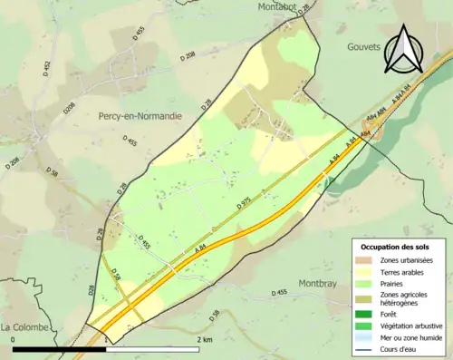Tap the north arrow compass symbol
404,49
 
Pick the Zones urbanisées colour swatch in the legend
363,261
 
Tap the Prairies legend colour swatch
363,283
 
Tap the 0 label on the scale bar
14,340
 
